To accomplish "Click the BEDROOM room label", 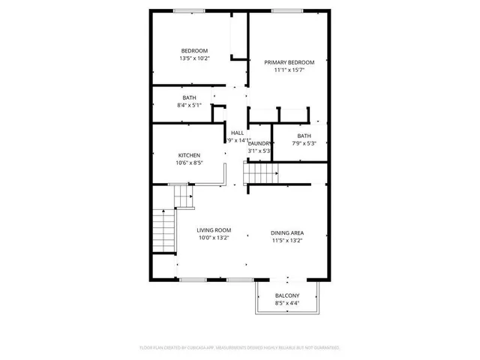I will coord(193,50).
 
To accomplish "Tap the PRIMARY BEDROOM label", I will coord(289,62).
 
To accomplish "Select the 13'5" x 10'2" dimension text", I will coord(193,58).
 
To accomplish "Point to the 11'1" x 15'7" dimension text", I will coord(289,70).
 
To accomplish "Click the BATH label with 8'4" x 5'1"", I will coord(189,97).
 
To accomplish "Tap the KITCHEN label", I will coord(189,154).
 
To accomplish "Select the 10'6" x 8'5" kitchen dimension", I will coord(189,163).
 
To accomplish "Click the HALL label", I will coord(237,132).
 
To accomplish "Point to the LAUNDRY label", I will coord(259,143).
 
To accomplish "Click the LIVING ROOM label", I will coord(214,230).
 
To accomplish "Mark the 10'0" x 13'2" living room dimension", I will coord(214,238).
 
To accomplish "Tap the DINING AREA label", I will coord(287,232).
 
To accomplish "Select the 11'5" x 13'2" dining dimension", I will coord(287,241).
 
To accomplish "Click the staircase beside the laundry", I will coord(262,174).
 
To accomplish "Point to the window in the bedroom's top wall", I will coord(184,10).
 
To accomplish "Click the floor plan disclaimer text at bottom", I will coord(240,347).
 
